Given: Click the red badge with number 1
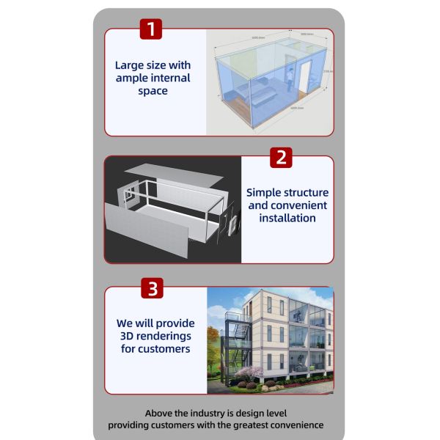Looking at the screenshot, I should (x=150, y=29).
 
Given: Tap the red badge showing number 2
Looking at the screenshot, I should (x=281, y=157).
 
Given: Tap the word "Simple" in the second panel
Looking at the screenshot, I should (x=264, y=192).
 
